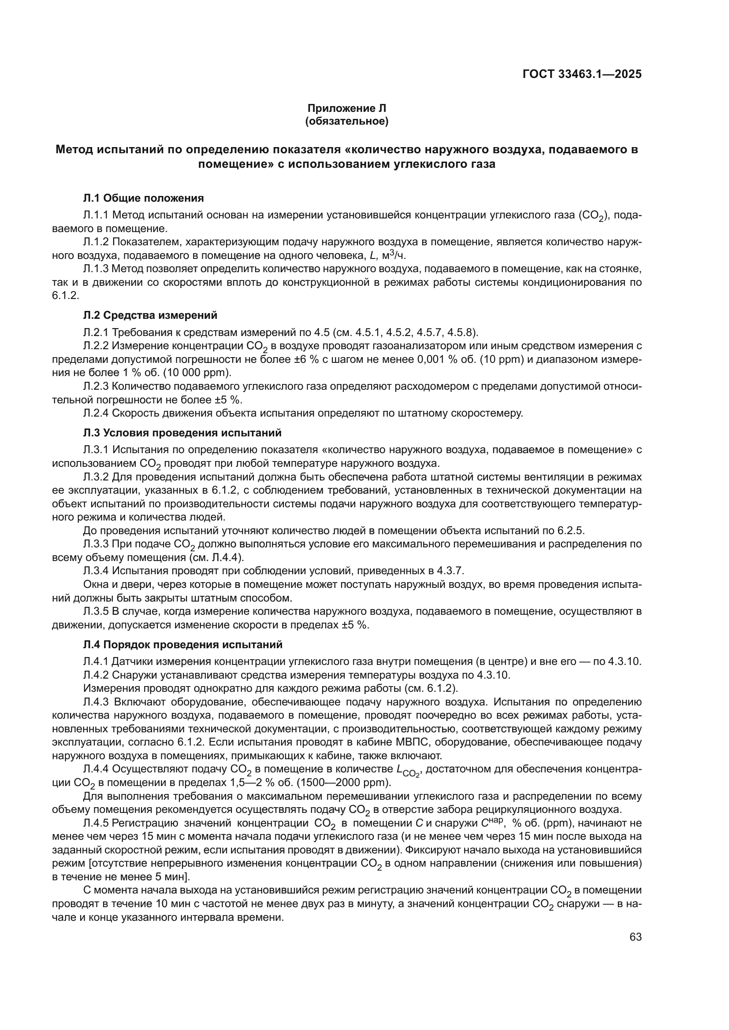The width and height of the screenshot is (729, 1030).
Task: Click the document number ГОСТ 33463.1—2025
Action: click(582, 74)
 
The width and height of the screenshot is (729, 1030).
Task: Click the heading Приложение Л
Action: click(346, 108)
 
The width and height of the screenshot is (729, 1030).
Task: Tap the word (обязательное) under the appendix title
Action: click(346, 121)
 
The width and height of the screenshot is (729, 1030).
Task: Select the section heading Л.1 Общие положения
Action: click(143, 198)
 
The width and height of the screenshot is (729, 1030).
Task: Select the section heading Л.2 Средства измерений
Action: click(150, 315)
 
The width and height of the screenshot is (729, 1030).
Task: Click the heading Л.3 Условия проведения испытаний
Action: click(182, 433)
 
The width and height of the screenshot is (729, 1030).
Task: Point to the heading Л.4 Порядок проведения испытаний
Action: click(183, 645)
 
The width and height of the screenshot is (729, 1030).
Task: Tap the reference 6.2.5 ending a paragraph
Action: click(570, 531)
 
